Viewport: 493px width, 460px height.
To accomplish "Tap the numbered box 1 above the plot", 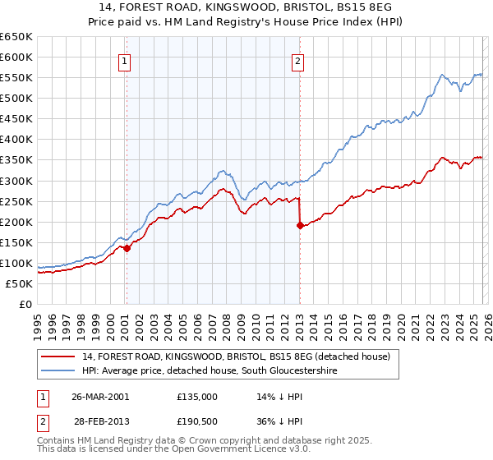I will [x=124, y=60].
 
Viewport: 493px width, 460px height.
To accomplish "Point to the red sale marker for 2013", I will [x=300, y=225].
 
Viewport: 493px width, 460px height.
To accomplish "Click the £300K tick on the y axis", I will [x=16, y=181].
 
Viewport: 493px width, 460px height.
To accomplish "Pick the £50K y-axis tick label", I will [x=19, y=283].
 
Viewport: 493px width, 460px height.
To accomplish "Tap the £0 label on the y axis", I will [x=25, y=304].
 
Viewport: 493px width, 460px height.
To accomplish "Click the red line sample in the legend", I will [x=60, y=356].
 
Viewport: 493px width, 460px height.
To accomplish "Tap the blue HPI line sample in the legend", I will [x=60, y=370].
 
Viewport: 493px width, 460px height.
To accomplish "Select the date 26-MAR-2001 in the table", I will [x=100, y=396].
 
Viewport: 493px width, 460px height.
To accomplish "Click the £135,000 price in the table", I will [x=197, y=396].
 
